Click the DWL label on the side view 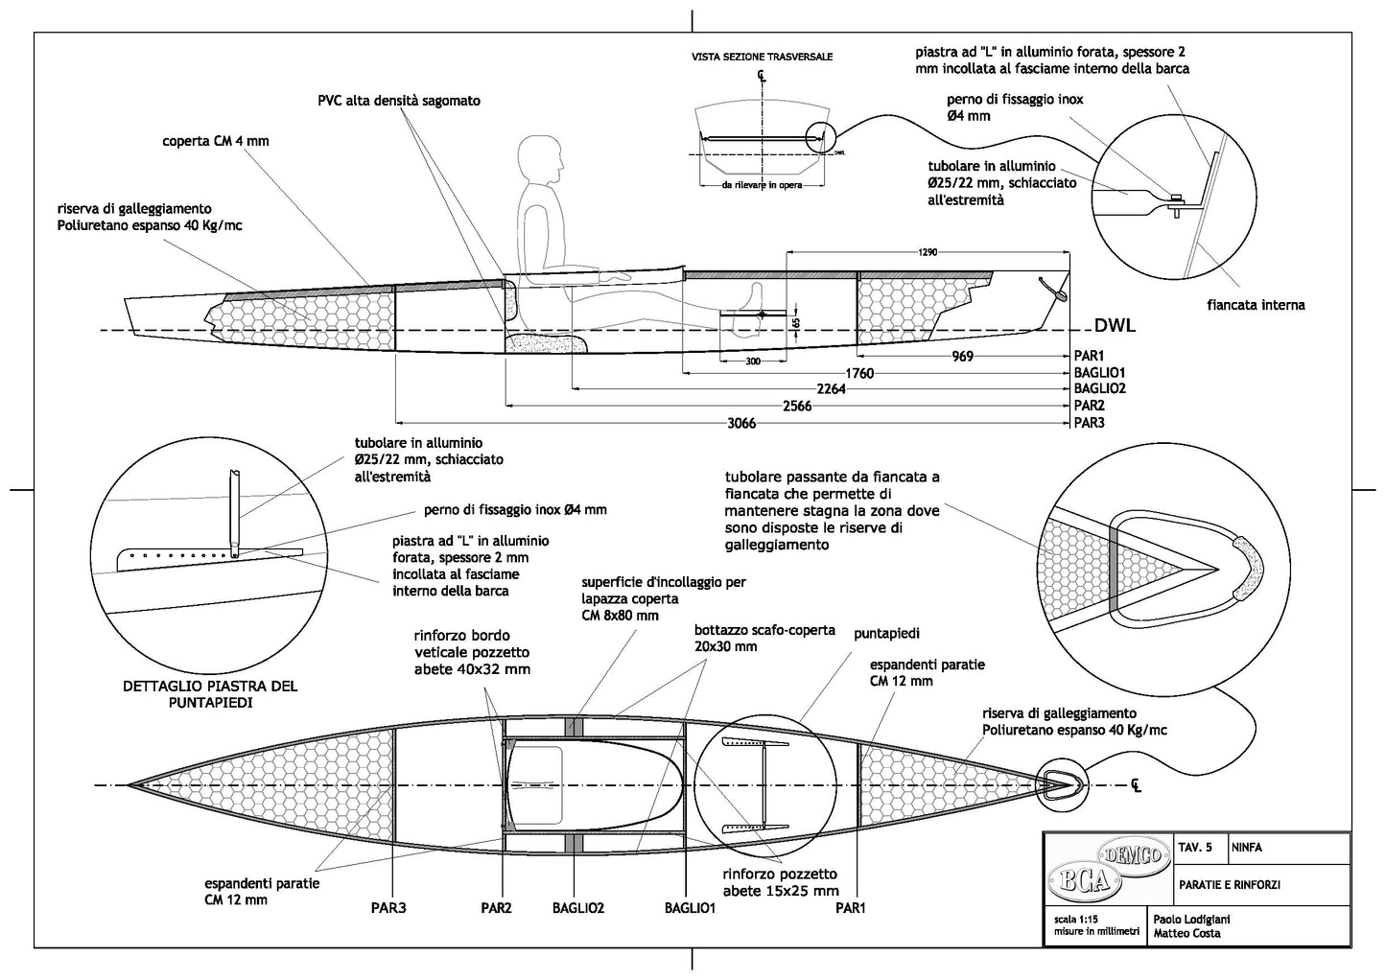pos(1114,326)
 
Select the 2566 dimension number pos(796,406)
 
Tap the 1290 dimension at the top pos(928,252)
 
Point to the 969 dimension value pos(962,357)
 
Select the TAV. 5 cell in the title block pos(1194,848)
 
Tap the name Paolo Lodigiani pos(1191,919)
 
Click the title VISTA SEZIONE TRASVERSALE pos(763,58)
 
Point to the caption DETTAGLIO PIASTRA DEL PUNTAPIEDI pos(210,694)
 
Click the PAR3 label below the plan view pos(388,907)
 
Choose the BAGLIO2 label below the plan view pos(578,907)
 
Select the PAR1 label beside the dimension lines pos(1091,356)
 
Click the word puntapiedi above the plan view pos(886,634)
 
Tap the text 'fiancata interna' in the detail pos(1257,306)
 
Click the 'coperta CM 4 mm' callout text pos(216,141)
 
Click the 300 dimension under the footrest pos(751,361)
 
